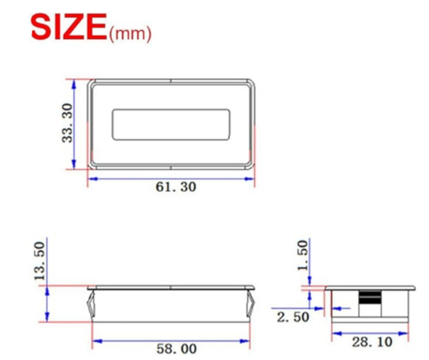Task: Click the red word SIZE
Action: (69, 27)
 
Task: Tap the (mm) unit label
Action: (130, 33)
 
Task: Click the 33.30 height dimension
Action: (68, 123)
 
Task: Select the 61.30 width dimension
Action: (176, 187)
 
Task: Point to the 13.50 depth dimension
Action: (39, 261)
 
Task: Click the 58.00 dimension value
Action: (177, 349)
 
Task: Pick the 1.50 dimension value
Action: (303, 255)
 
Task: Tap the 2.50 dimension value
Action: (293, 317)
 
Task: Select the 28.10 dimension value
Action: (372, 342)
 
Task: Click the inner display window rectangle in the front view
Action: (171, 110)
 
